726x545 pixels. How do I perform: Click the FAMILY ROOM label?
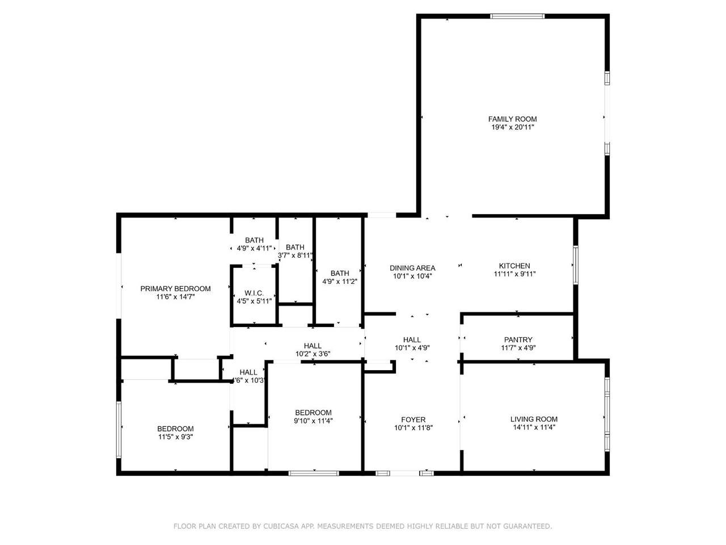[512, 119]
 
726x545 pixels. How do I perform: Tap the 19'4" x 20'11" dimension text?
[512, 127]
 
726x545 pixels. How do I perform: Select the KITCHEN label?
[514, 266]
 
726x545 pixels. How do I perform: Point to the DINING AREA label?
[412, 268]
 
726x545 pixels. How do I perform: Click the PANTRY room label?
[518, 339]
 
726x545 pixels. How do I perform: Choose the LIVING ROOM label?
[534, 419]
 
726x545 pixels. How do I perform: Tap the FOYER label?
[413, 420]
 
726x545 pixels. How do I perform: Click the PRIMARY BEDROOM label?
[175, 288]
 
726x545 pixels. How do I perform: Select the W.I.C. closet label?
[254, 293]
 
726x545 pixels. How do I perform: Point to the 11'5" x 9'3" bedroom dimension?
[175, 437]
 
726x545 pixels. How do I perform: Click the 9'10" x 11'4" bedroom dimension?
[313, 421]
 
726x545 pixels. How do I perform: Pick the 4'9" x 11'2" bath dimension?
[340, 282]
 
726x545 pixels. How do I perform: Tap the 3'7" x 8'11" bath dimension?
[295, 255]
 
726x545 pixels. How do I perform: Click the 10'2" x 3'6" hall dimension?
[313, 354]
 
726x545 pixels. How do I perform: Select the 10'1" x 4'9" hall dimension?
[412, 348]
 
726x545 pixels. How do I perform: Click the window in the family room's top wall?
[517, 16]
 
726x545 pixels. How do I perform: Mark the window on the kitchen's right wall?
[576, 265]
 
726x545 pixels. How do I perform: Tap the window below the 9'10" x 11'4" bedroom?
[314, 473]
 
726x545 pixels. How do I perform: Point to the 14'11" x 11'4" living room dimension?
[534, 427]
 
